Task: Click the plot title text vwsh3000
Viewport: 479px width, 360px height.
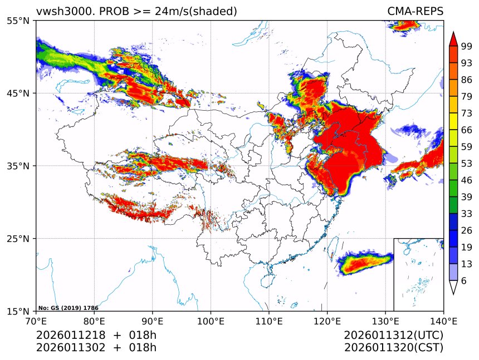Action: [60, 11]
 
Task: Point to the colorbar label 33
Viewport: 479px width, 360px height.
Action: [466, 214]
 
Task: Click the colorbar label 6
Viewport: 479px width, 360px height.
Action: [464, 281]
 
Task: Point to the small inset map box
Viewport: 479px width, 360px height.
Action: [418, 274]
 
